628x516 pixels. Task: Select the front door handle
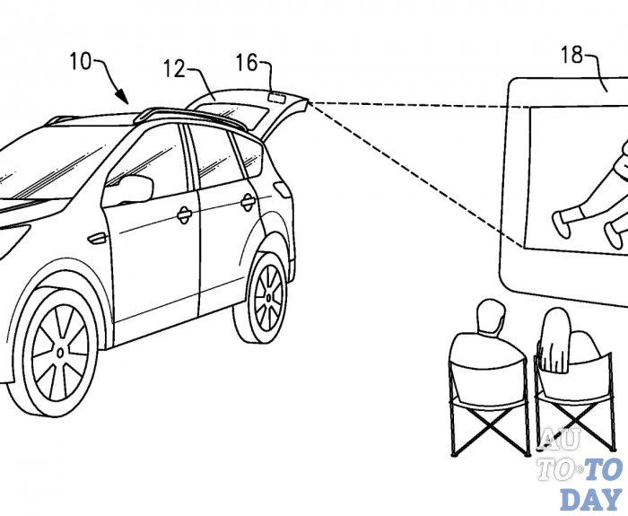[x=183, y=214]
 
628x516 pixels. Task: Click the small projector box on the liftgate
[x=276, y=94]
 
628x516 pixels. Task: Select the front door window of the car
[x=158, y=162]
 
